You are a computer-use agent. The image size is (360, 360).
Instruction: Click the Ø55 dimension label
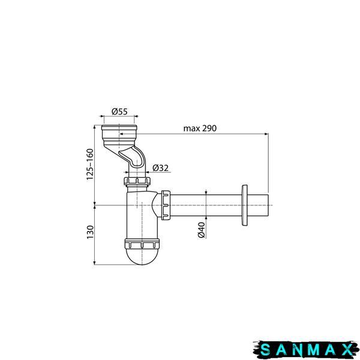[119, 112]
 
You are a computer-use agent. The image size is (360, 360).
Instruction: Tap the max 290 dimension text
[200, 128]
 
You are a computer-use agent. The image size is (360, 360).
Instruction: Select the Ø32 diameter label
[160, 168]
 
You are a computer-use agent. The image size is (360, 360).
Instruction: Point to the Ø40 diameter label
[202, 230]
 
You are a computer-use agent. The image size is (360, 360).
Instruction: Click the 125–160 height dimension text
[90, 164]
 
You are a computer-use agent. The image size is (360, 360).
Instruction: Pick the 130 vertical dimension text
[90, 232]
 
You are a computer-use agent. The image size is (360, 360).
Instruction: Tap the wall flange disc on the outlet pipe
[245, 205]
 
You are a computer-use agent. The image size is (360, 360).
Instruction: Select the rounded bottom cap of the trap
[142, 257]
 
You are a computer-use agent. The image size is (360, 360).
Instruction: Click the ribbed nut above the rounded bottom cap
[142, 244]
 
